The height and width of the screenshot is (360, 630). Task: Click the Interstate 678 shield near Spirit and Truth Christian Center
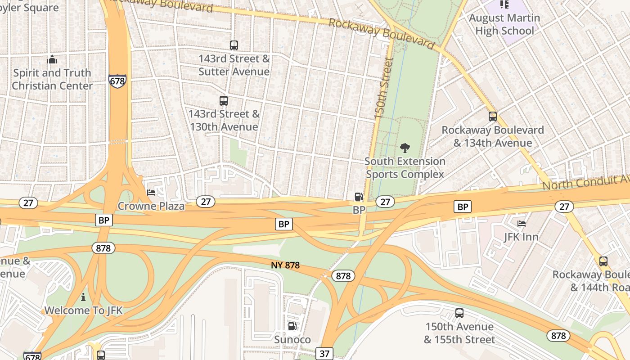pos(117,81)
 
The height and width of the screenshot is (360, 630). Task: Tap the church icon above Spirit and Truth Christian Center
pos(52,59)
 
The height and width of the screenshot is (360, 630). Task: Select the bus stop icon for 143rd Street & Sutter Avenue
pos(234,45)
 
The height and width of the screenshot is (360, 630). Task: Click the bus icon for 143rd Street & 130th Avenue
pos(224,101)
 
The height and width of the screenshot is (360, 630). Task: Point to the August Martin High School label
pos(504,24)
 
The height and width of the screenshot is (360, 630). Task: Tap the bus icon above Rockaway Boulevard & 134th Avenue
pos(492,117)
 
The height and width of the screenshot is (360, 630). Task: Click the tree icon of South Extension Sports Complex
pos(405,148)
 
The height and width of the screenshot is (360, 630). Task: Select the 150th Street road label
pos(384,88)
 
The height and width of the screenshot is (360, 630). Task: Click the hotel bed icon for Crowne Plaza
pos(152,193)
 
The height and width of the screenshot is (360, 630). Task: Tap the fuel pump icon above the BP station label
pos(359,197)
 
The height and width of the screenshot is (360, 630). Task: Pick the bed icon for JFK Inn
pos(522,223)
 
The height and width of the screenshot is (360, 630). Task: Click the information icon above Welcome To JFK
pos(83,297)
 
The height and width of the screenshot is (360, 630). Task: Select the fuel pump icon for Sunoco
pos(292,326)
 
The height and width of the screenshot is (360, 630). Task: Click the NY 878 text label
pos(285,265)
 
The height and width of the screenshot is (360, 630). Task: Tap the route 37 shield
pos(324,354)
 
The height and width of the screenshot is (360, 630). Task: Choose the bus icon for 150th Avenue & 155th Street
pos(459,313)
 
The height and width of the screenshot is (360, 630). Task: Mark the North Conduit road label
pos(585,182)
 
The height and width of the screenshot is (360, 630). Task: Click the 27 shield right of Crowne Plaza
pos(206,202)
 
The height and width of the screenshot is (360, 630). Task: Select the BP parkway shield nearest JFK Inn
pos(462,207)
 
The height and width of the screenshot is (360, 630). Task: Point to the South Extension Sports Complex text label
pos(405,168)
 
